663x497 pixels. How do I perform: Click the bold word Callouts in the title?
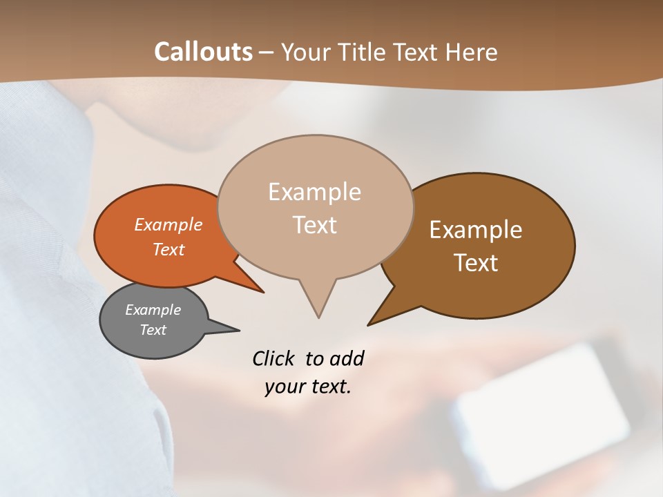point(203,52)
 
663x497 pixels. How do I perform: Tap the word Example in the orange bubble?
point(169,224)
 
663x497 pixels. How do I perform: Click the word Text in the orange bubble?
point(169,249)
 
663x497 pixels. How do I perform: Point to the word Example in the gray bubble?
point(153,310)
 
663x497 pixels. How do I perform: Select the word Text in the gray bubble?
point(153,330)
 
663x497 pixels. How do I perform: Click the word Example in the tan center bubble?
point(314,192)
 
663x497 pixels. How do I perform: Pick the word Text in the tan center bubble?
point(314,225)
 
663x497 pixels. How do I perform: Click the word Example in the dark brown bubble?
point(476,230)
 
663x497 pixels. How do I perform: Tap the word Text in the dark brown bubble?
point(476,263)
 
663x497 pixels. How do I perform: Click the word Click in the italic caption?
point(274,358)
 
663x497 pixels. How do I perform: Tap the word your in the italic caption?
point(283,387)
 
